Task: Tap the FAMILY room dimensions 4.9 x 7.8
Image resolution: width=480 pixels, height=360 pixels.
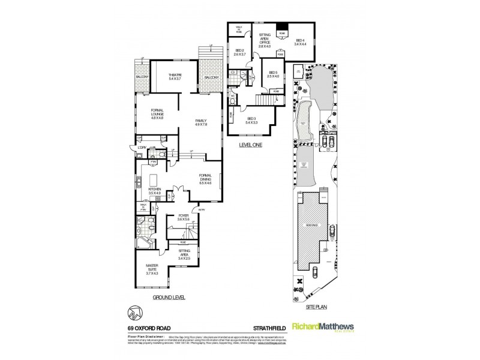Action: tap(200, 124)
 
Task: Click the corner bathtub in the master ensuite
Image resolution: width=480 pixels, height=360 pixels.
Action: tap(143, 244)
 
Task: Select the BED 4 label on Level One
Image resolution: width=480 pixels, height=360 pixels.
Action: tap(299, 40)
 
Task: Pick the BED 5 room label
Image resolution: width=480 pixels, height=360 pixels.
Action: tap(273, 73)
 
